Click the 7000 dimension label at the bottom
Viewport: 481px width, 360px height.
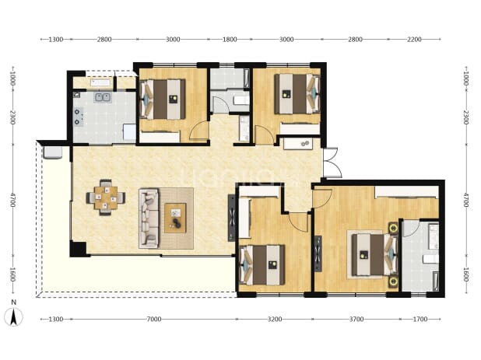point(154,320)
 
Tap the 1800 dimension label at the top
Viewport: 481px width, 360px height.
point(230,39)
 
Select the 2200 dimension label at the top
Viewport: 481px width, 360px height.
point(414,39)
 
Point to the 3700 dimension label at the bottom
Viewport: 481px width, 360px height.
point(356,320)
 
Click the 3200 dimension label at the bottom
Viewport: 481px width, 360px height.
point(275,320)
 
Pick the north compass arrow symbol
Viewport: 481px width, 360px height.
point(13,316)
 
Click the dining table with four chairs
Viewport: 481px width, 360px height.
point(106,197)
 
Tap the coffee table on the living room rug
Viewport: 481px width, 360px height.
point(175,218)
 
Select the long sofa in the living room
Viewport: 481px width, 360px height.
point(149,218)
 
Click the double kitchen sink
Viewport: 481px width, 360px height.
point(103,97)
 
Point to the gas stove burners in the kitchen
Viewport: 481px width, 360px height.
point(78,117)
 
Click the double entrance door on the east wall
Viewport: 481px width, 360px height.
point(332,163)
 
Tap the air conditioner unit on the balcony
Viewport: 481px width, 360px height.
point(53,152)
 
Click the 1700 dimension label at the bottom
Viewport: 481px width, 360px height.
point(420,320)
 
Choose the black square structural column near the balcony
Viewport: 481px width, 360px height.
point(78,249)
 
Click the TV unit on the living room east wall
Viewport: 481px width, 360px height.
point(232,218)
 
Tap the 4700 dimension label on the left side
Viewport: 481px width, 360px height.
point(12,200)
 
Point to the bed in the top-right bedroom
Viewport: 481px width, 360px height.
point(297,94)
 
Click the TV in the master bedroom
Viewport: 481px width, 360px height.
point(318,253)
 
